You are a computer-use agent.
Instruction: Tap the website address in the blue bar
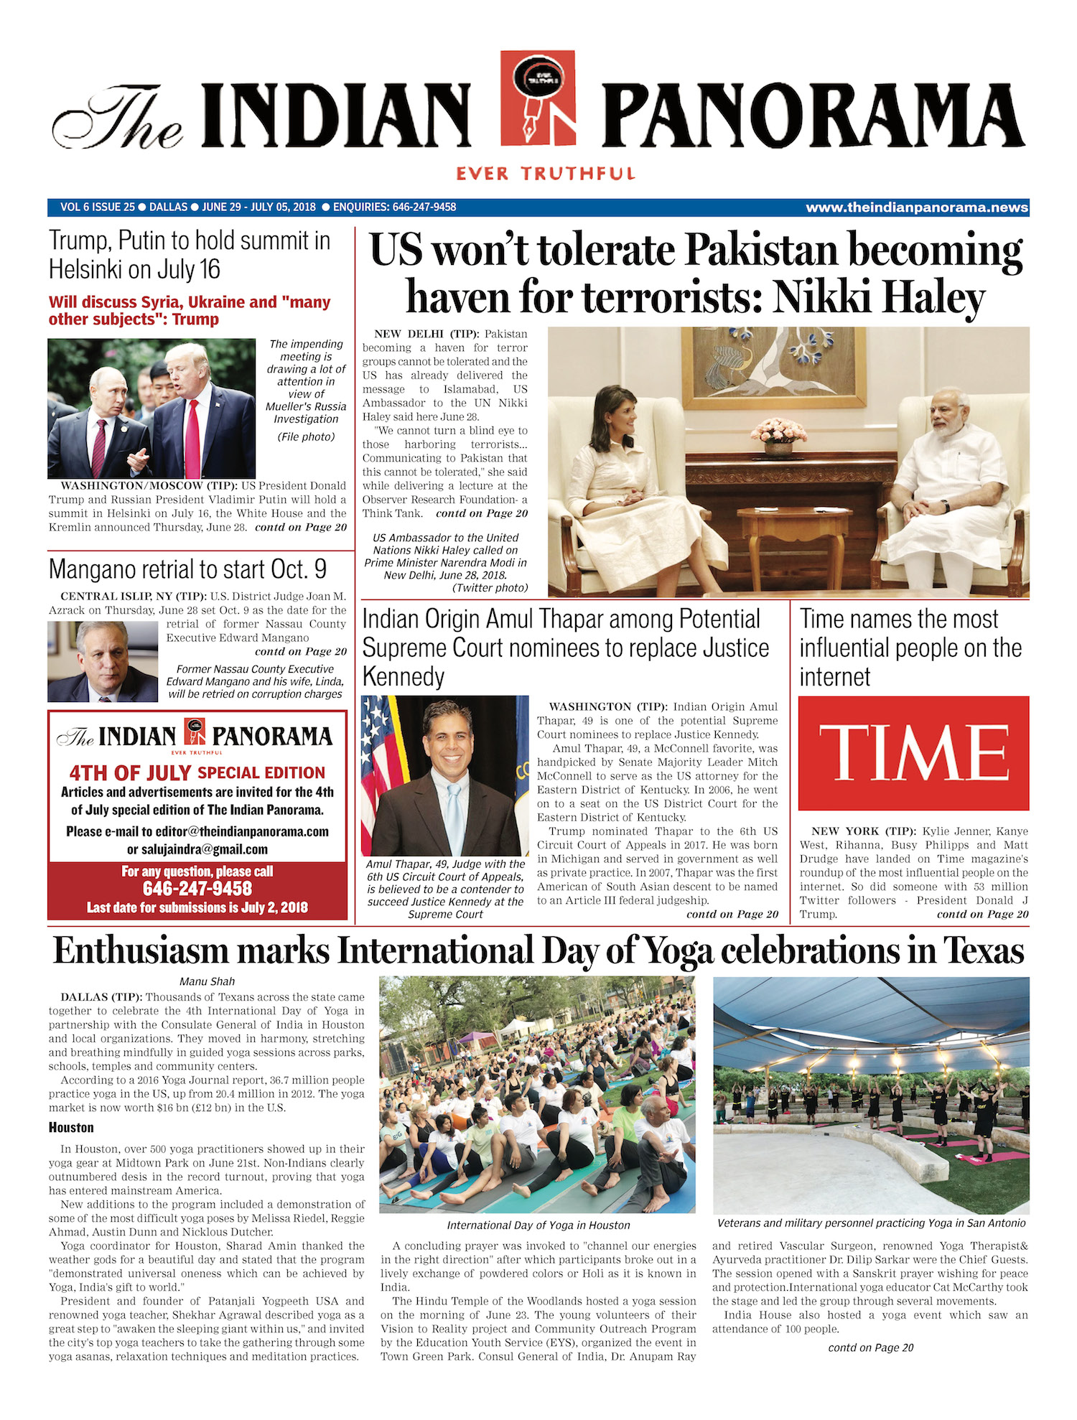click(917, 207)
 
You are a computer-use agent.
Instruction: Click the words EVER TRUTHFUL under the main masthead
click(545, 174)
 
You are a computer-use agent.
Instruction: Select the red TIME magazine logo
click(913, 753)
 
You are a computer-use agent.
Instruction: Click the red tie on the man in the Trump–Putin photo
click(192, 438)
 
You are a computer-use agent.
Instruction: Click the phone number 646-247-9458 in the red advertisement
click(197, 889)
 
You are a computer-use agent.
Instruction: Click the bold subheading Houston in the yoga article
click(71, 1127)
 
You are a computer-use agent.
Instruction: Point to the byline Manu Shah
click(207, 981)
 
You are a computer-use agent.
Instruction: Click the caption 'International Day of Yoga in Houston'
click(538, 1225)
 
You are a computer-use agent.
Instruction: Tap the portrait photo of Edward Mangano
click(102, 661)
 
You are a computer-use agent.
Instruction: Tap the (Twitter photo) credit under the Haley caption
click(490, 588)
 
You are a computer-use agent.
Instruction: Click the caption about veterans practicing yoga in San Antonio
click(871, 1223)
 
